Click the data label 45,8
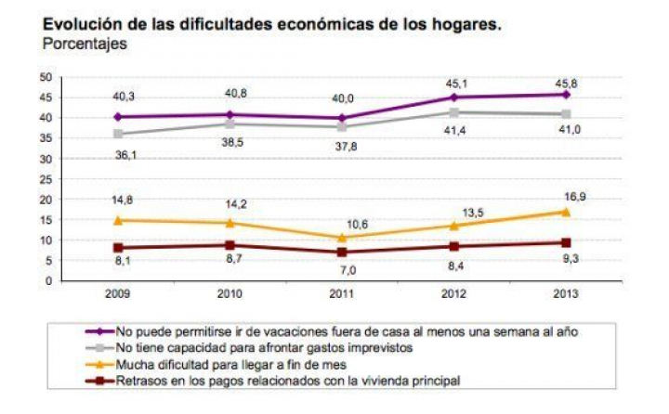coord(567,79)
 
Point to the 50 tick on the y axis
coord(44,77)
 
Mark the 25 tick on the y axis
coord(44,178)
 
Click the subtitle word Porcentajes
coord(85,44)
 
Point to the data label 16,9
coord(567,196)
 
